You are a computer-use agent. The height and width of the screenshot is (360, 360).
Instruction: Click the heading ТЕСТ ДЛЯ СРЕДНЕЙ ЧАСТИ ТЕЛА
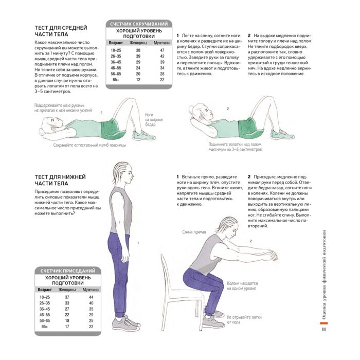(61, 31)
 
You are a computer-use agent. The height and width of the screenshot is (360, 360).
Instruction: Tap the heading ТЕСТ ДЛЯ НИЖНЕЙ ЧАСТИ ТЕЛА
(60, 180)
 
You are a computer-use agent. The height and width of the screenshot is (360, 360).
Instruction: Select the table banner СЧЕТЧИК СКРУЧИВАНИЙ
(139, 24)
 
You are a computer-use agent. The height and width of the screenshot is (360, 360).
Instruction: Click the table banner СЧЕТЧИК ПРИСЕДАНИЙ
(68, 271)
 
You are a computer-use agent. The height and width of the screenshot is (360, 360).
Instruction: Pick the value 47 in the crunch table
(163, 50)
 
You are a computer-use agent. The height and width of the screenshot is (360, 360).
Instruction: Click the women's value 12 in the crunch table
(138, 80)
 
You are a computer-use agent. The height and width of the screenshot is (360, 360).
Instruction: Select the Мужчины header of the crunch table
(162, 43)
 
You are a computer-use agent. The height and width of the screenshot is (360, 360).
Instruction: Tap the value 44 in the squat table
(91, 297)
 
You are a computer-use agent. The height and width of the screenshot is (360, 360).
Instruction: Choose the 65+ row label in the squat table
(45, 327)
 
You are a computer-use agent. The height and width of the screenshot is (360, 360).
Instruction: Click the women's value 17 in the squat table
(67, 327)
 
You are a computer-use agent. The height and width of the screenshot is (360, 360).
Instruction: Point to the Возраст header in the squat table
(45, 290)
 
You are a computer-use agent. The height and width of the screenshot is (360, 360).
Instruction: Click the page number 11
(323, 329)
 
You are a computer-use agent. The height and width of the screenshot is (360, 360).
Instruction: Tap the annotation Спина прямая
(194, 232)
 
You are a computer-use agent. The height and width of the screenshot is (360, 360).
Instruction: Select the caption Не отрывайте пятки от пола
(244, 319)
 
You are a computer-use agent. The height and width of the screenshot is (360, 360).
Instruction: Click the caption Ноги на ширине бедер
(154, 119)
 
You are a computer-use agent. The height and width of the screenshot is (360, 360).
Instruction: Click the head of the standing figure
(123, 173)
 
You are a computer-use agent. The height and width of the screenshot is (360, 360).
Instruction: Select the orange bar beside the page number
(323, 323)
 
